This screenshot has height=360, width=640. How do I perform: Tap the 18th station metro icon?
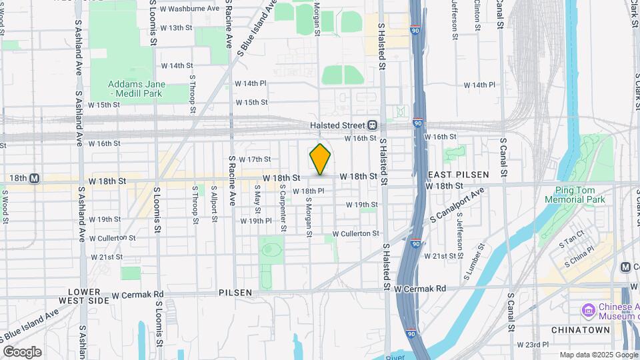point(34,179)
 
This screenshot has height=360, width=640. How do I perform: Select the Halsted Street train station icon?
point(372,125)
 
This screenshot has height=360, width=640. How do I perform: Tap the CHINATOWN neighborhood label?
point(578,330)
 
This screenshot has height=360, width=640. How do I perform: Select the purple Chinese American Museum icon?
point(588,311)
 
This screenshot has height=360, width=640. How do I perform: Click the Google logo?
point(22,351)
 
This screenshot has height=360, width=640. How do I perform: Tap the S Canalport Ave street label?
point(457,207)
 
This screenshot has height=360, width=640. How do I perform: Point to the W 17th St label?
point(255,159)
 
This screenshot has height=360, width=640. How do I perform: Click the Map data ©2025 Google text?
point(599,355)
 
